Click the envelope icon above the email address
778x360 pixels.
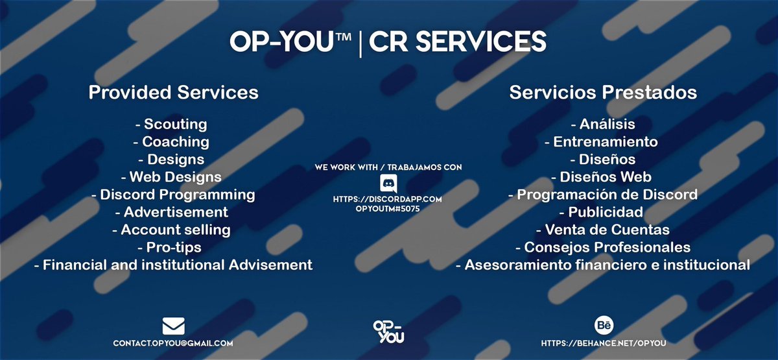coord(173,325)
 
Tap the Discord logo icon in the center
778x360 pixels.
coord(388,183)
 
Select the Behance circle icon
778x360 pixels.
coord(604,324)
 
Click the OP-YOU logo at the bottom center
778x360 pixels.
coord(388,332)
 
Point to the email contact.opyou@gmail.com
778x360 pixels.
coord(173,342)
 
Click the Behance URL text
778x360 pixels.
coord(604,342)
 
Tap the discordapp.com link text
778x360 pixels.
coord(388,199)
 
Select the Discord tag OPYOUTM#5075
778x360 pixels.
coord(388,209)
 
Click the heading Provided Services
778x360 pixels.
coord(173,92)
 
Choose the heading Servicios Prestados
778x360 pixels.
coord(603,92)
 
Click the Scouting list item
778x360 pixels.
coord(171,124)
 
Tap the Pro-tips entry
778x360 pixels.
coord(169,247)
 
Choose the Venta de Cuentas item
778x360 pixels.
coord(602,230)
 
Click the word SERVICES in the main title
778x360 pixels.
coord(458,42)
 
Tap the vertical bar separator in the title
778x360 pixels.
coord(360,43)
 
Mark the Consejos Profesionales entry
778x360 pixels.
coord(602,247)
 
